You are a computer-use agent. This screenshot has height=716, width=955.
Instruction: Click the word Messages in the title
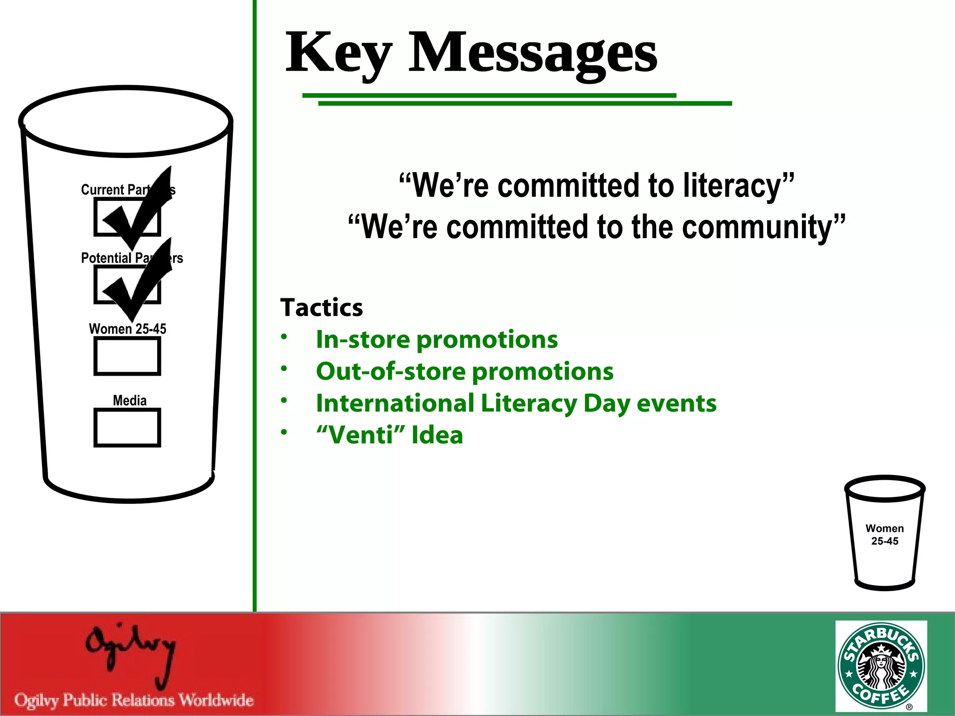coord(533,52)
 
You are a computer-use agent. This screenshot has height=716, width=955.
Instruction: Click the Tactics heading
coord(321,308)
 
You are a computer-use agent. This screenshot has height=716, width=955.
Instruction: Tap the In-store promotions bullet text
coord(436,339)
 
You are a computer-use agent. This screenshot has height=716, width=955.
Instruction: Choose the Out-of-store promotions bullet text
coord(464,372)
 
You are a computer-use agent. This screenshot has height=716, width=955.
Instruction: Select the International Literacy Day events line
coord(516,403)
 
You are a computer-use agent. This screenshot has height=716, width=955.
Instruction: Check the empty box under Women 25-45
coord(127,356)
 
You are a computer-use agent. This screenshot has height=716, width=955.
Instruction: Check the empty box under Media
coord(127,427)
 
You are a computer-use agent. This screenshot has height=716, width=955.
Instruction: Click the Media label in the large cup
coord(130,400)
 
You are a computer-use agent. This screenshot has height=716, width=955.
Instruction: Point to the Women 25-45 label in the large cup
coord(127,329)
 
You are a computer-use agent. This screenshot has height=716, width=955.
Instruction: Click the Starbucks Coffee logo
coord(881,665)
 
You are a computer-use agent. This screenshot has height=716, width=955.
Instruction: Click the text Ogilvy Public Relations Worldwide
coord(134,700)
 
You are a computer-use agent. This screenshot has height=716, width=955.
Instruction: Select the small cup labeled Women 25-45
coord(885,534)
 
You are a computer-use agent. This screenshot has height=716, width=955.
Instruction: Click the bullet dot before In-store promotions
coord(284,337)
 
